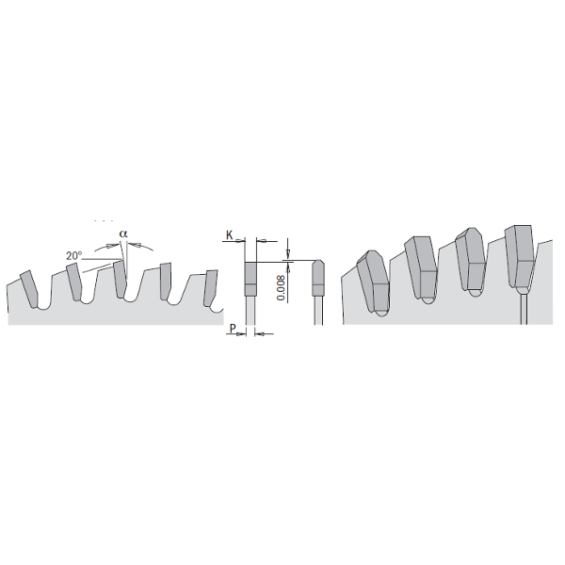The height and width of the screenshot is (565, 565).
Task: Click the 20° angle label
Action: (x=74, y=254)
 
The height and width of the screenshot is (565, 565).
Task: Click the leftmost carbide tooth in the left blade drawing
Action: (x=31, y=288)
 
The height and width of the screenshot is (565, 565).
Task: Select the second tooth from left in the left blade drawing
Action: (x=74, y=282)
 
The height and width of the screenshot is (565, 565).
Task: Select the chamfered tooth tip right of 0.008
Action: (x=317, y=275)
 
